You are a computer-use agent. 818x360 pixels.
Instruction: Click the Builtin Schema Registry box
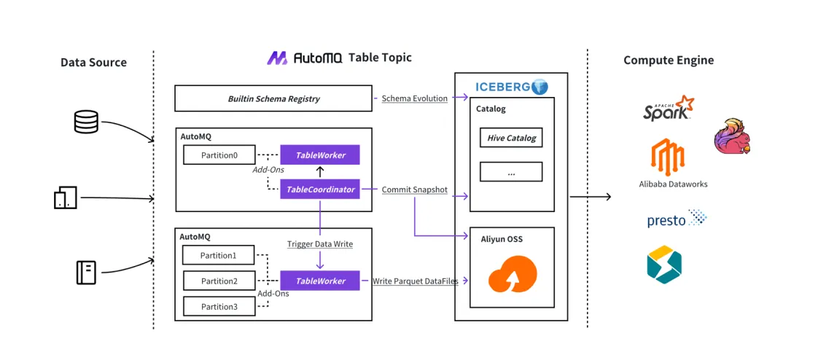(273, 98)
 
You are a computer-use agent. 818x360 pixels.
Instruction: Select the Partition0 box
(219, 155)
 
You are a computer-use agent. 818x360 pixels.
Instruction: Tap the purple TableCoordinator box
(320, 189)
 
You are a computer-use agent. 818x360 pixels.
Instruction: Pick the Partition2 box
(219, 281)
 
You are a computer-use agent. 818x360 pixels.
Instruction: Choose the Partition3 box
(219, 306)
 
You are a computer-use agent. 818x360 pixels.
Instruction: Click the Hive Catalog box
(510, 138)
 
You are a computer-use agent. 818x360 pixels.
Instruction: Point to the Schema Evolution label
(415, 98)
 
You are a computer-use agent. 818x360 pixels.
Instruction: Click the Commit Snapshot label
(415, 189)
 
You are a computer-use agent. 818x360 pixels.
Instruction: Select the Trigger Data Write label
(320, 244)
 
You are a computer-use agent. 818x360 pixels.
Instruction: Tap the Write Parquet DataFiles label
(415, 281)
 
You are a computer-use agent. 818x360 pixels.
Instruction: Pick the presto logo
(677, 219)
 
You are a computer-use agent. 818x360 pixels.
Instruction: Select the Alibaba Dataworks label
(673, 184)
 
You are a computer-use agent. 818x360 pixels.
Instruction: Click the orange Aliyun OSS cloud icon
(513, 274)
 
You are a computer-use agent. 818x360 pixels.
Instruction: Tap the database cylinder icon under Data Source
(85, 122)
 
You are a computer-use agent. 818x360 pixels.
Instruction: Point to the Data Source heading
(93, 62)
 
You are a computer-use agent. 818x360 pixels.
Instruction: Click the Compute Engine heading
(669, 60)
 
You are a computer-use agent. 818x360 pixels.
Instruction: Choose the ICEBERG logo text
(504, 87)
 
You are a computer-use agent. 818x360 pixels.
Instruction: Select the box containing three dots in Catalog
(510, 173)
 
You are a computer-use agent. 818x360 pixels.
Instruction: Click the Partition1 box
(219, 255)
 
